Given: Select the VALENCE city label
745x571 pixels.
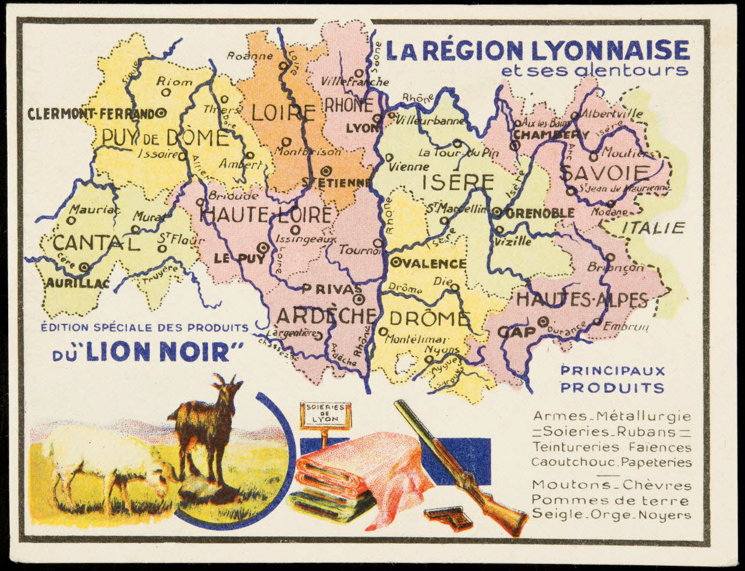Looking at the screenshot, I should (x=434, y=263).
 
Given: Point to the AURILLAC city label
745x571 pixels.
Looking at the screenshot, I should (x=69, y=283).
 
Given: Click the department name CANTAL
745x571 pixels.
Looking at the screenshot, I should (x=96, y=244).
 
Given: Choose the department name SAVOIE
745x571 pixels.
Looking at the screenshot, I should (x=604, y=173).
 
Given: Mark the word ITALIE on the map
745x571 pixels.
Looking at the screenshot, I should (x=653, y=228).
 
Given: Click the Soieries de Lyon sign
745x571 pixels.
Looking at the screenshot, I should (x=325, y=415).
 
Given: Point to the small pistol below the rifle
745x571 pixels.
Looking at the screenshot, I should (x=448, y=517).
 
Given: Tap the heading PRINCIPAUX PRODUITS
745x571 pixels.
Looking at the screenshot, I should (x=612, y=379).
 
